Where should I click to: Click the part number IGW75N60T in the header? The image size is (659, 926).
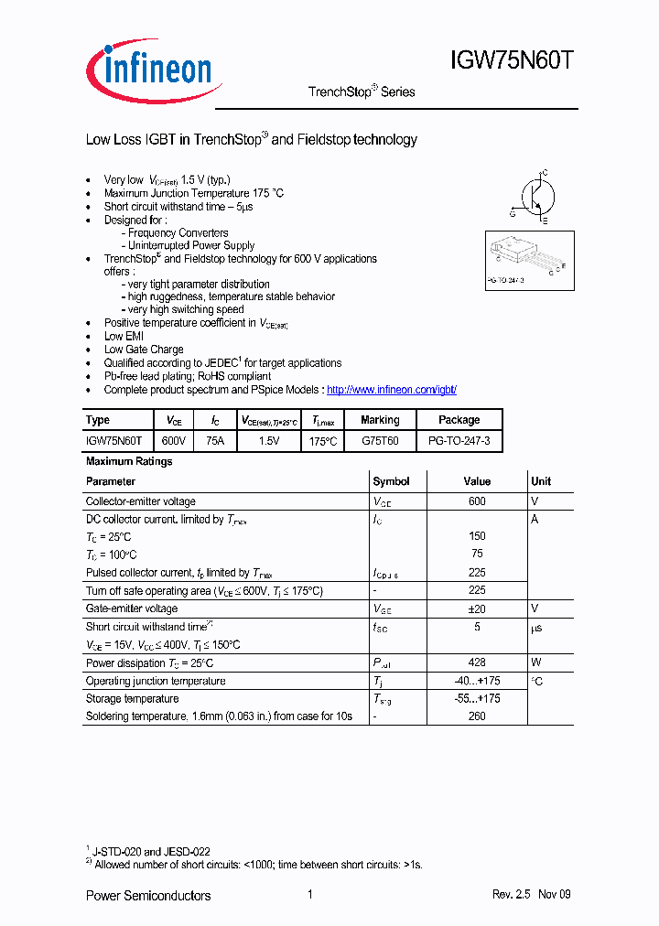[512, 62]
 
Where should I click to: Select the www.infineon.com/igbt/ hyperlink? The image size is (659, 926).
[391, 390]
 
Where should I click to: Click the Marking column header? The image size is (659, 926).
[380, 420]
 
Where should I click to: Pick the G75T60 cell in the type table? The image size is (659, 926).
[380, 441]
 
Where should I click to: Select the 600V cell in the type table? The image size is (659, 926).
[173, 441]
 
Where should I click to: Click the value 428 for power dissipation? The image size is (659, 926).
[476, 662]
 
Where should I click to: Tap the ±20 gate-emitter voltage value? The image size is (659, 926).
[476, 608]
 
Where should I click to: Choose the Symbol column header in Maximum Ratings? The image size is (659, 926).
[391, 481]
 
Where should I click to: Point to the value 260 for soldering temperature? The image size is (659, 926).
[476, 716]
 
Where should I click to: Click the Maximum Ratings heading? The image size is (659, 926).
[129, 462]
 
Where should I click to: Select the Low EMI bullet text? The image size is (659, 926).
[124, 337]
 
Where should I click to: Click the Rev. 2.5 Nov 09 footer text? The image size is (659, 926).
[531, 895]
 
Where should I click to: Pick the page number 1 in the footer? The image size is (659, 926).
[310, 895]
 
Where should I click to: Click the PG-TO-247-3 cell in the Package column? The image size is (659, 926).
[459, 441]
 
